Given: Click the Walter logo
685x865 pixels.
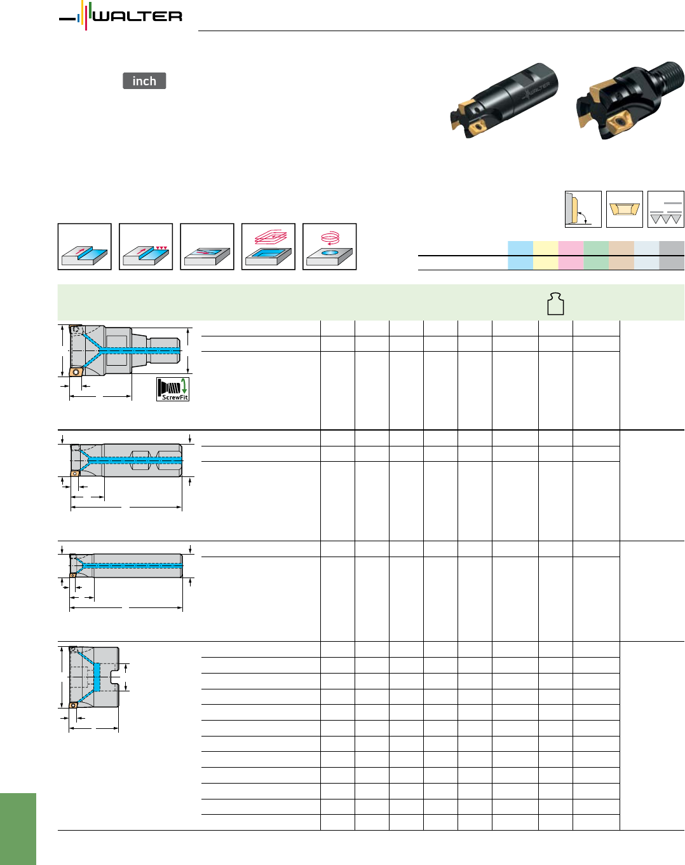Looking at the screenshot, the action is pyautogui.click(x=121, y=16).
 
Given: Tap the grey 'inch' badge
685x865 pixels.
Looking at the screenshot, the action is pyautogui.click(x=144, y=81).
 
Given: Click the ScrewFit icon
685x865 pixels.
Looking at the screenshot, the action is pyautogui.click(x=173, y=389).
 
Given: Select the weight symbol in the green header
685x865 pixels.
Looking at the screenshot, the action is pyautogui.click(x=555, y=303).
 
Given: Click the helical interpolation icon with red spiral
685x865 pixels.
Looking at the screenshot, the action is pyautogui.click(x=329, y=246).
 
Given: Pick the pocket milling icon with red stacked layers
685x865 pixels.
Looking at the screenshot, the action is pyautogui.click(x=268, y=246).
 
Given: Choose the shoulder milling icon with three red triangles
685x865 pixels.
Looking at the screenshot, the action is pyautogui.click(x=146, y=246).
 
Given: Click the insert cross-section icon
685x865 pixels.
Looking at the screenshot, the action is pyautogui.click(x=625, y=209).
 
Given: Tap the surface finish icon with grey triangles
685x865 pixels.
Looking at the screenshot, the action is pyautogui.click(x=666, y=209).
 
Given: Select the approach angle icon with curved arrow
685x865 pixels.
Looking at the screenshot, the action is pyautogui.click(x=583, y=209).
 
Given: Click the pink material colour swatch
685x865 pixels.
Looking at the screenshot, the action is pyautogui.click(x=571, y=255).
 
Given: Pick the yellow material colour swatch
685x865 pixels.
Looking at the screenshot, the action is pyautogui.click(x=545, y=255).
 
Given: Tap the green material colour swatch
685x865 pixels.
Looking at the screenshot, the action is pyautogui.click(x=596, y=255).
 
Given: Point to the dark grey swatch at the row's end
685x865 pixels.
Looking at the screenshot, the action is pyautogui.click(x=672, y=255).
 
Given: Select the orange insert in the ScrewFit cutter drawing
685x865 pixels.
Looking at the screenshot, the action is pyautogui.click(x=76, y=371).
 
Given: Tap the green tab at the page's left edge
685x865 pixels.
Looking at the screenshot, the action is pyautogui.click(x=18, y=829).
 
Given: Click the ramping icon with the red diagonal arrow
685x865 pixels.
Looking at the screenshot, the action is pyautogui.click(x=207, y=246).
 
